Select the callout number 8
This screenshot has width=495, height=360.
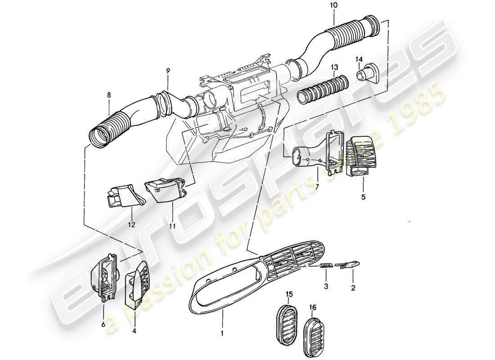[x=108, y=95]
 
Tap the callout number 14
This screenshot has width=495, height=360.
[x=359, y=59]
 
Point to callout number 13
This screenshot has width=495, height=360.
[x=334, y=67]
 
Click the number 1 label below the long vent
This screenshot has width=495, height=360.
[x=222, y=334]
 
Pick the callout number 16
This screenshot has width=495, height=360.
[x=313, y=307]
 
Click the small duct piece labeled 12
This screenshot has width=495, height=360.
[x=122, y=196]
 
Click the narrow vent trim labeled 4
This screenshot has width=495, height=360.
[x=137, y=283]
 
